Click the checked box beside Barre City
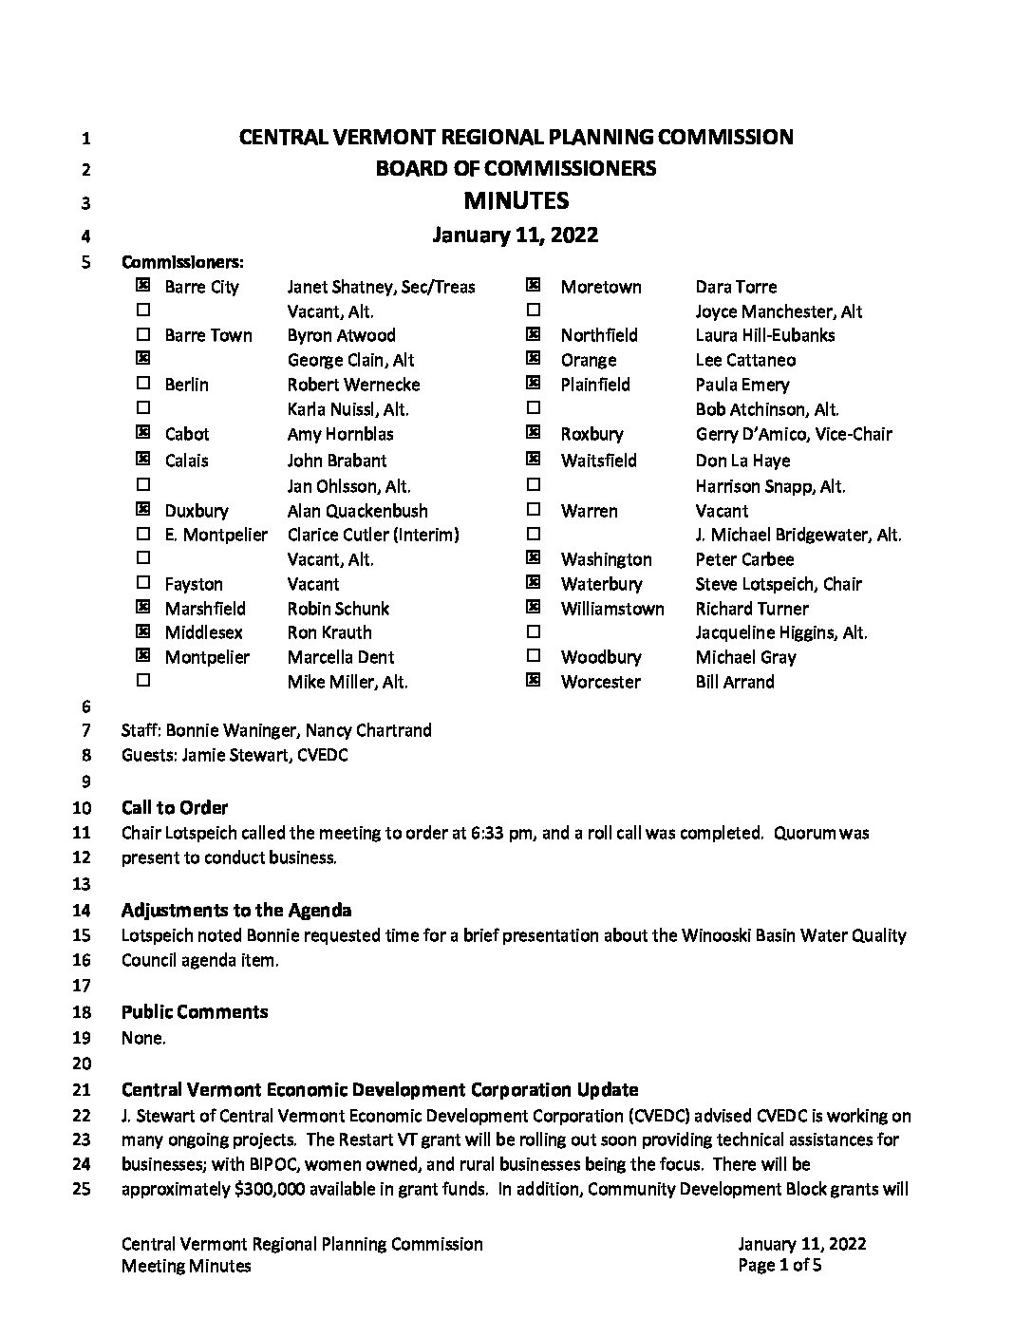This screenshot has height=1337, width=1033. coord(143,285)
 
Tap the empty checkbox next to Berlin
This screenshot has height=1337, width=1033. coord(143,383)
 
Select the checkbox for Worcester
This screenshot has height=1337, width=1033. coord(534,680)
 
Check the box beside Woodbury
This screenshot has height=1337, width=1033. coord(534,655)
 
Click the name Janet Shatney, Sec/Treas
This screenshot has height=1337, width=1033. coord(381,287)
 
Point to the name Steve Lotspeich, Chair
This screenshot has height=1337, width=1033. coord(779,584)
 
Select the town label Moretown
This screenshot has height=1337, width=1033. coord(601,287)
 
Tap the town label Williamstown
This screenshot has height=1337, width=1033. coord(612,609)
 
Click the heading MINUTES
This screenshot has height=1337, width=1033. coord(516,200)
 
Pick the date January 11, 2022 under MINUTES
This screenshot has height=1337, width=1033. coord(516,235)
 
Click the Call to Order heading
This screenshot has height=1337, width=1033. coord(175,808)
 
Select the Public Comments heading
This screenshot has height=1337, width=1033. coord(195,1012)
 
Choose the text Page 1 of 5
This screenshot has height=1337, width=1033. coord(779,1266)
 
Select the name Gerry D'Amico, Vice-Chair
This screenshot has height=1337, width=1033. coord(794,434)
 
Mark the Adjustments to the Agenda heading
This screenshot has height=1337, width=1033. coord(236,911)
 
